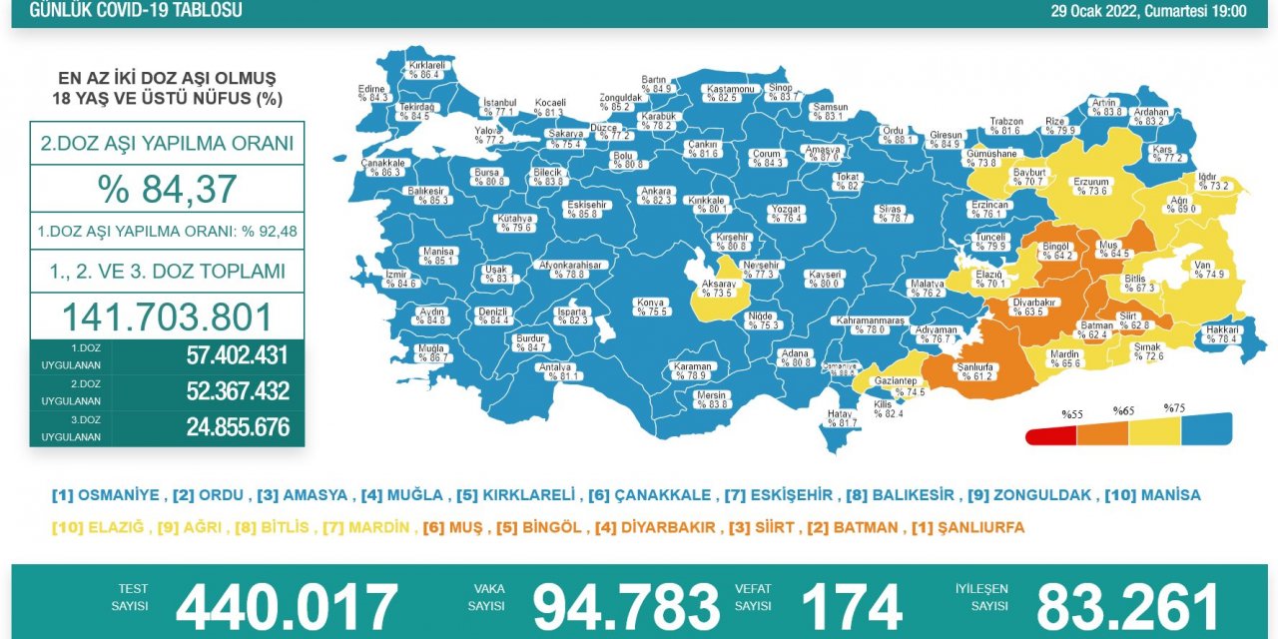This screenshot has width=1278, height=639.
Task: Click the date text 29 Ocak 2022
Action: pyautogui.click(x=1094, y=11)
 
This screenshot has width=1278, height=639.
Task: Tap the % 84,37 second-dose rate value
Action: pyautogui.click(x=167, y=189)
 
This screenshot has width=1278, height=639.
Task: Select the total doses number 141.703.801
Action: pyautogui.click(x=167, y=317)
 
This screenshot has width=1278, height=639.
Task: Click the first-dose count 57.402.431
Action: pyautogui.click(x=238, y=355)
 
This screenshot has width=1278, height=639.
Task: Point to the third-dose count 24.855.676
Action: pyautogui.click(x=238, y=427)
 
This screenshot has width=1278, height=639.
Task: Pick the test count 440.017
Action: pyautogui.click(x=287, y=606)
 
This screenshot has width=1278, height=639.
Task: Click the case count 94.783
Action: pyautogui.click(x=626, y=606)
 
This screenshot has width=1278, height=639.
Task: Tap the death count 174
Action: pyautogui.click(x=852, y=606)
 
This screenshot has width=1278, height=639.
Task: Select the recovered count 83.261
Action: pyautogui.click(x=1128, y=606)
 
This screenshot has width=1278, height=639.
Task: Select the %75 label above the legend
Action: pyautogui.click(x=1175, y=408)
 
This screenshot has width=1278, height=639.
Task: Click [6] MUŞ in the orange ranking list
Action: pyautogui.click(x=451, y=527)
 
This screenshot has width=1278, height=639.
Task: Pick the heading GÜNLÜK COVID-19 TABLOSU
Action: pyautogui.click(x=136, y=11)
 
